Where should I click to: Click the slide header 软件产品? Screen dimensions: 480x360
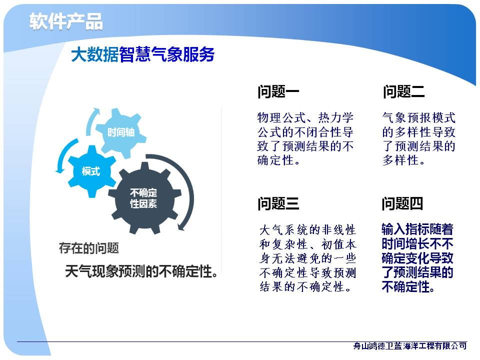coord(66,21)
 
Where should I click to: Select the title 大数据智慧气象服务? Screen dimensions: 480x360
coord(142,55)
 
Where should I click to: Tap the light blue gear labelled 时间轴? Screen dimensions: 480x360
coord(120,132)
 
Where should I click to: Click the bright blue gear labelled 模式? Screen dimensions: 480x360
coord(91,171)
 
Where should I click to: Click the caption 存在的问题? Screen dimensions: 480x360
coord(89,248)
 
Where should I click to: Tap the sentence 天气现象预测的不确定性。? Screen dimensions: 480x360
coord(141,271)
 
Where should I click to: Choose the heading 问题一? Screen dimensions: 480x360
coord(278,91)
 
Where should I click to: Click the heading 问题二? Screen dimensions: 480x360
coord(403,91)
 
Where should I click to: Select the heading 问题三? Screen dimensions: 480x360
coord(278,203)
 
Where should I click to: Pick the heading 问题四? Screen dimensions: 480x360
coord(402,203)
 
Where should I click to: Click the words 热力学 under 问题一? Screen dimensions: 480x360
coord(336,117)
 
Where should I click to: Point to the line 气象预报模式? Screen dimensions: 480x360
coord(419,117)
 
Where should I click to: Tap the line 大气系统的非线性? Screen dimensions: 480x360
coord(307,229)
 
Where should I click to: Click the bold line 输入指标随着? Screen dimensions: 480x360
coord(417,229)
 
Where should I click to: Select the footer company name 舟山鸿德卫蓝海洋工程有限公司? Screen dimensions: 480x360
coord(410,346)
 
